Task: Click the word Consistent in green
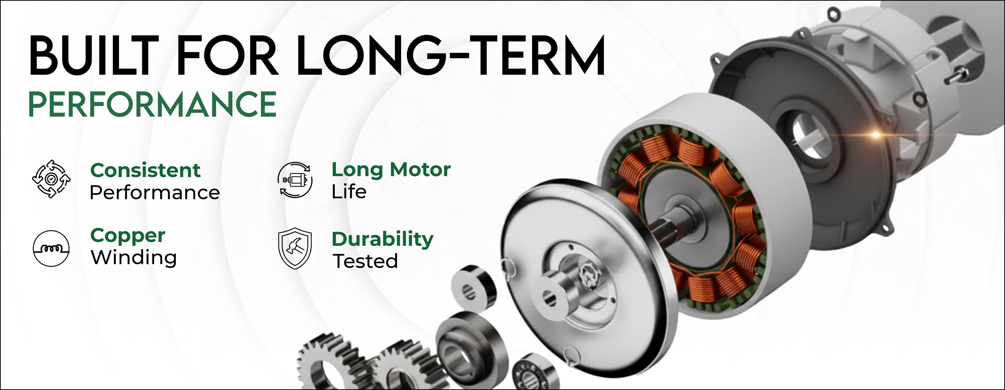(145, 170)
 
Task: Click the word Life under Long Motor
(349, 192)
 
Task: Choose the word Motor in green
(421, 170)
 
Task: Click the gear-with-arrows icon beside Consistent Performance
(51, 179)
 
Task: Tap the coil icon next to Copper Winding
(51, 248)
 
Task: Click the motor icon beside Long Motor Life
(295, 180)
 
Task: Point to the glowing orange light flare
(876, 135)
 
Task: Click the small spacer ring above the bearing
(474, 289)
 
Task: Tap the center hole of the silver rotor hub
(550, 299)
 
